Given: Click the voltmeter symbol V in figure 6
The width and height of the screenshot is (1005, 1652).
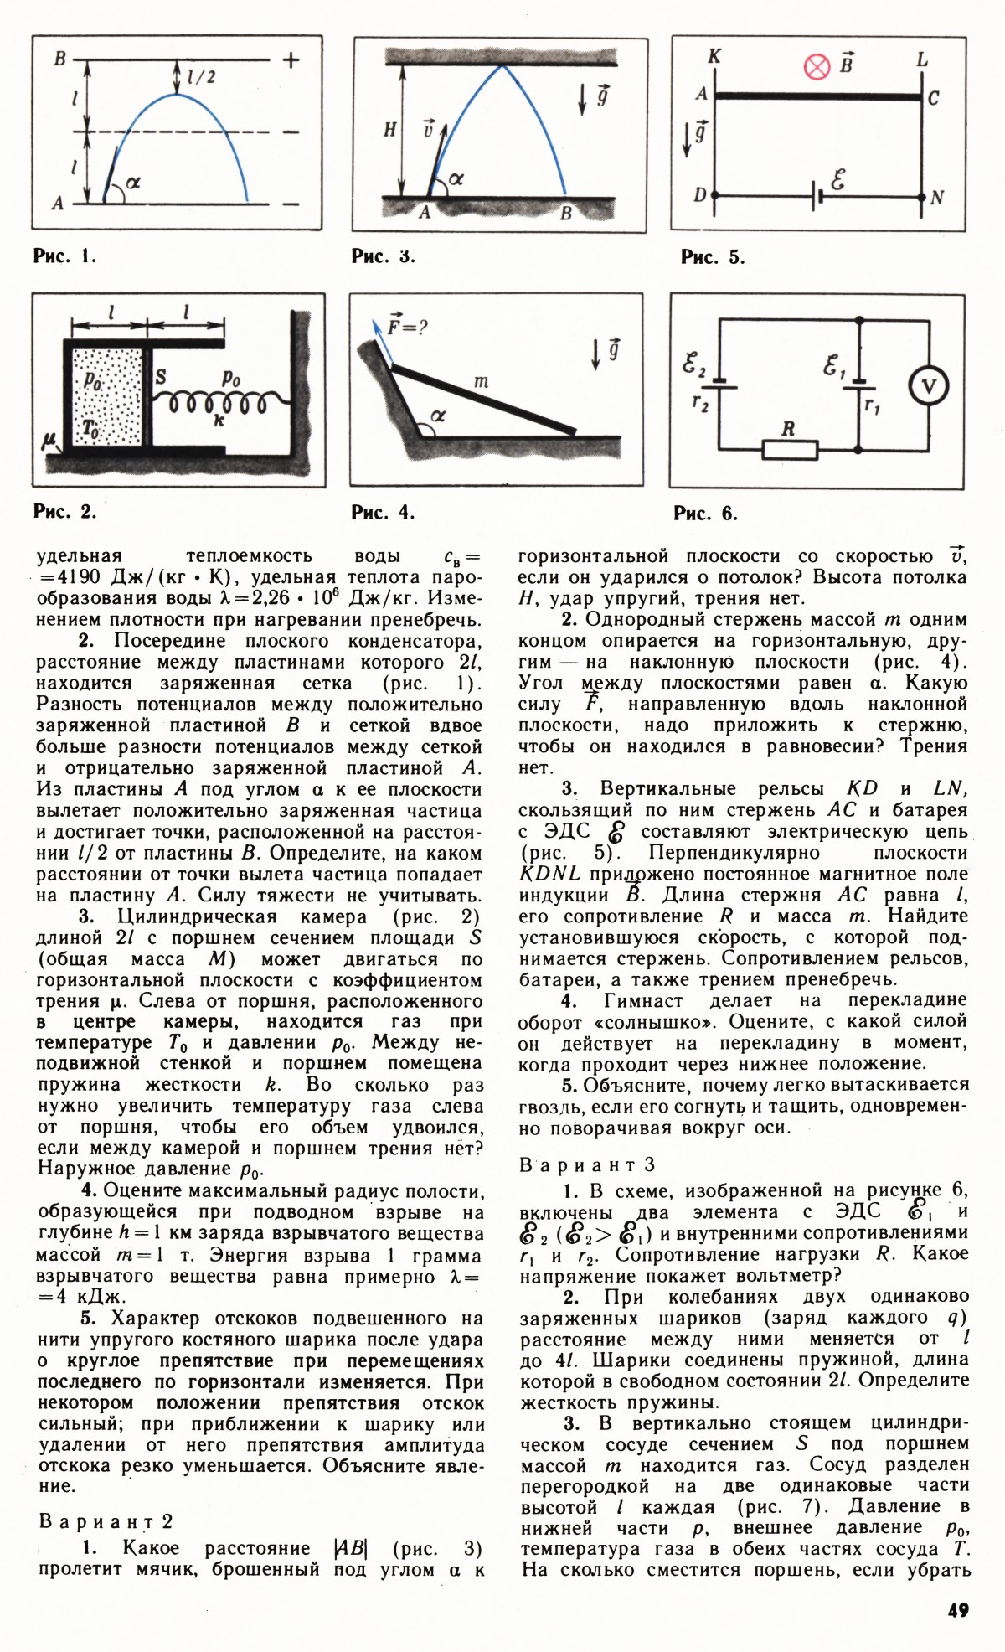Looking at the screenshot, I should tap(929, 386).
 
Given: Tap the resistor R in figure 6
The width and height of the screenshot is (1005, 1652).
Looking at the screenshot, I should tap(790, 449).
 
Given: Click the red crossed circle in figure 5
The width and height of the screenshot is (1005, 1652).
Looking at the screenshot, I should tap(817, 67).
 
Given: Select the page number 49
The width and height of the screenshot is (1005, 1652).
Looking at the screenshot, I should tap(958, 1610).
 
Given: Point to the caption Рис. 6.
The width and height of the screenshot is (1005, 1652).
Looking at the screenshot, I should tap(706, 513).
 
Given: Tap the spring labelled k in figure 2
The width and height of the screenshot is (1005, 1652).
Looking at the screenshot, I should tap(219, 405).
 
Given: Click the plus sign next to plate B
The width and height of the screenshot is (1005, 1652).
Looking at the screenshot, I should tap(291, 60).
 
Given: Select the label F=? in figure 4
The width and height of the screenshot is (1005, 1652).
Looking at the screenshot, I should tap(407, 326).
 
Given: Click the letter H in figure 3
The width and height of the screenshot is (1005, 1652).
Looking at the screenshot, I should tap(390, 130).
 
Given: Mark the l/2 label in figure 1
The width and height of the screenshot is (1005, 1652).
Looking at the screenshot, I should tap(201, 77).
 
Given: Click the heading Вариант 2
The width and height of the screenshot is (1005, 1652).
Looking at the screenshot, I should tap(106, 1521).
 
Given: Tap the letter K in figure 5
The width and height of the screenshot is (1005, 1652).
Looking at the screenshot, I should tap(714, 57).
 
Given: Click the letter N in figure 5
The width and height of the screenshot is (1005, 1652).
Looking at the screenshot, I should tap(936, 198).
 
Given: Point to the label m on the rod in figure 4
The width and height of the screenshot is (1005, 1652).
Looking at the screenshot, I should tap(481, 381).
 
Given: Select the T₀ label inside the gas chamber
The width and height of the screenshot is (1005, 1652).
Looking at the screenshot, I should tap(90, 429).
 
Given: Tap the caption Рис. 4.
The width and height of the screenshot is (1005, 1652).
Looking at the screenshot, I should tap(383, 512).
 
